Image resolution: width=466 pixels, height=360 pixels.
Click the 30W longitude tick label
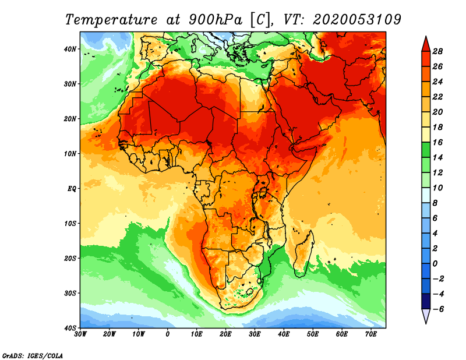tap(80, 334)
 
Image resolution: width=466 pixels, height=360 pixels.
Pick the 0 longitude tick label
tap(168, 334)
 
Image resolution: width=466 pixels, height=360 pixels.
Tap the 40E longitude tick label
tap(284, 334)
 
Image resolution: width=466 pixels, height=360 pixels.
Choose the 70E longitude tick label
tap(371, 334)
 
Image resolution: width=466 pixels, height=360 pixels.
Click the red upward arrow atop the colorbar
tap(426, 42)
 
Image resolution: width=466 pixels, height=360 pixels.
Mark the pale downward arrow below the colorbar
tap(426, 316)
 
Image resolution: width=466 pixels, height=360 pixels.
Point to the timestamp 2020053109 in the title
tap(356, 19)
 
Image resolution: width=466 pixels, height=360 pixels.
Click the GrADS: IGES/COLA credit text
tap(33, 354)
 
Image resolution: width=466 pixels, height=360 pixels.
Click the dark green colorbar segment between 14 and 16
tap(426, 150)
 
